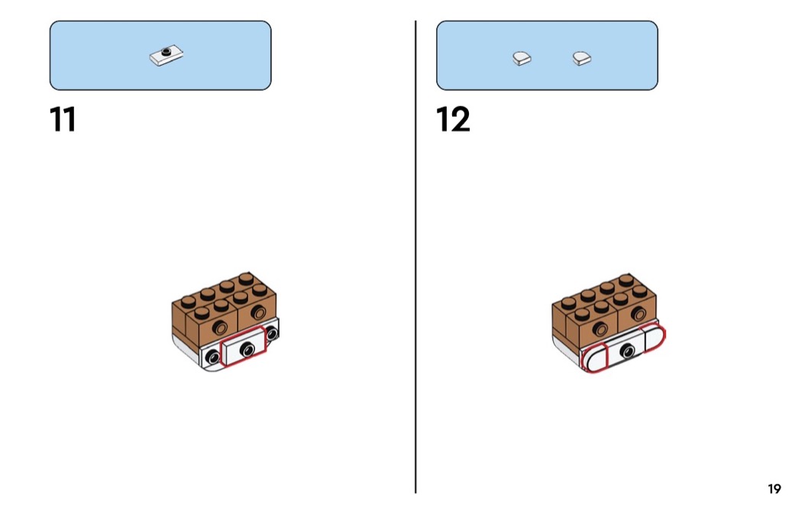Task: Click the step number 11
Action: pyautogui.click(x=63, y=120)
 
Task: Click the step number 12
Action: pyautogui.click(x=453, y=120)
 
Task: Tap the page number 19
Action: pyautogui.click(x=775, y=490)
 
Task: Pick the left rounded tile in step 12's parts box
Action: pyautogui.click(x=522, y=57)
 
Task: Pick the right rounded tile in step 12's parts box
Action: pyautogui.click(x=584, y=57)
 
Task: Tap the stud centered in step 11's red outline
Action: pyautogui.click(x=247, y=349)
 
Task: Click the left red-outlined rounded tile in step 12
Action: pyautogui.click(x=594, y=357)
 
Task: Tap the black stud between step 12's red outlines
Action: pyautogui.click(x=628, y=351)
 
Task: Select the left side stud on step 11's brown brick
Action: pyautogui.click(x=221, y=328)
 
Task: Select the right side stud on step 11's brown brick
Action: pyautogui.click(x=260, y=310)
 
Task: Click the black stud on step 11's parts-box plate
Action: pyautogui.click(x=165, y=52)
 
